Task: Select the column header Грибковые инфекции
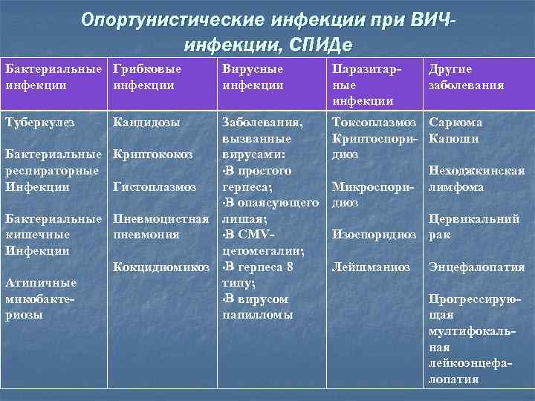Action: pyautogui.click(x=146, y=76)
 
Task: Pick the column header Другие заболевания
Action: pyautogui.click(x=464, y=76)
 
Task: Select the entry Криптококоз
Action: pyautogui.click(x=152, y=154)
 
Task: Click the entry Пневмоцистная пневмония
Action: pyautogui.click(x=159, y=226)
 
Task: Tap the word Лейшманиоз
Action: pyautogui.click(x=371, y=267)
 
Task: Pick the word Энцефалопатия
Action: pyautogui.click(x=476, y=267)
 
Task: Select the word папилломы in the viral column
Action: pyautogui.click(x=257, y=315)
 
